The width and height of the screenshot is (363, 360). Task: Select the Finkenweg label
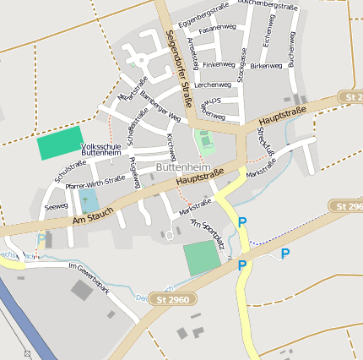pos(219,64)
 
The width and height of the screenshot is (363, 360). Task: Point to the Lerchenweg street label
pos(212,85)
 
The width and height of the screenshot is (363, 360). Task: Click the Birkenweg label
pos(266,65)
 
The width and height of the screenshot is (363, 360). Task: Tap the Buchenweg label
pos(291,51)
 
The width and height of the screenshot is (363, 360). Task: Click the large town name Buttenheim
pos(183,167)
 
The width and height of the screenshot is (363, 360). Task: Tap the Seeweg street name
pos(57,206)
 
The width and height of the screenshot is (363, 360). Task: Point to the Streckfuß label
pos(266,141)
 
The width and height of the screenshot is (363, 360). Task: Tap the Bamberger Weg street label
pos(160,105)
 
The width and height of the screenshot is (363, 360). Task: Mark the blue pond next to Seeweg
pos(88,201)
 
